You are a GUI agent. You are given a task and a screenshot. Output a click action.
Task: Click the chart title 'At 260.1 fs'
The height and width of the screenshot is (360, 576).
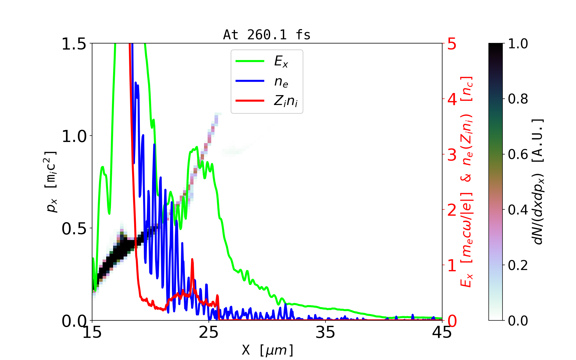point(267,35)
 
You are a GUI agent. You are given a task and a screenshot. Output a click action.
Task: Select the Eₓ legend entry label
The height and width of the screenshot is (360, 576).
point(281,61)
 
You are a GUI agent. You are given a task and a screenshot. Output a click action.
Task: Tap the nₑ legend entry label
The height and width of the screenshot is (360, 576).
point(281,81)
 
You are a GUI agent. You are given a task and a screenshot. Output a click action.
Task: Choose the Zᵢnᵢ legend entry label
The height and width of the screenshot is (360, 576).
point(286,101)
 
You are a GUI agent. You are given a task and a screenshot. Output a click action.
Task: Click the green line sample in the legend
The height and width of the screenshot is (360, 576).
point(250,61)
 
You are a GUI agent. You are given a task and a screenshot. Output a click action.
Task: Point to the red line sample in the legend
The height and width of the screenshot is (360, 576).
point(250,101)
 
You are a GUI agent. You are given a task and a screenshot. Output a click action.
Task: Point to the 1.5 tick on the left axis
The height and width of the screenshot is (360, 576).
point(74,44)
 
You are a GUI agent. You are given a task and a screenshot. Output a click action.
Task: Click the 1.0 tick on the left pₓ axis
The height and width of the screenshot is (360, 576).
point(74,136)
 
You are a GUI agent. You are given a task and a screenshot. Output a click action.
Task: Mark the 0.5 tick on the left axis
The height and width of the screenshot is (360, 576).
point(74,229)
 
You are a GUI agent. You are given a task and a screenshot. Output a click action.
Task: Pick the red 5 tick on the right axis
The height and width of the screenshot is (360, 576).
point(452,44)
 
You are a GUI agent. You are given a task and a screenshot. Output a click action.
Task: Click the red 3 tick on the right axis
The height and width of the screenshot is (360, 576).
point(452,155)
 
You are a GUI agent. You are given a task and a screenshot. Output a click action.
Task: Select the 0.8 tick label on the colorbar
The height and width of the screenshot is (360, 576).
point(518,99)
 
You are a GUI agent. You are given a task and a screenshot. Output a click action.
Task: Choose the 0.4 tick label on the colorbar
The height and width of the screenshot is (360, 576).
point(518,210)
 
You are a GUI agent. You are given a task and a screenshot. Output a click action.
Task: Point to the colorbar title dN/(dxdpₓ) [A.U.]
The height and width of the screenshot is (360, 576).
point(538,181)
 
